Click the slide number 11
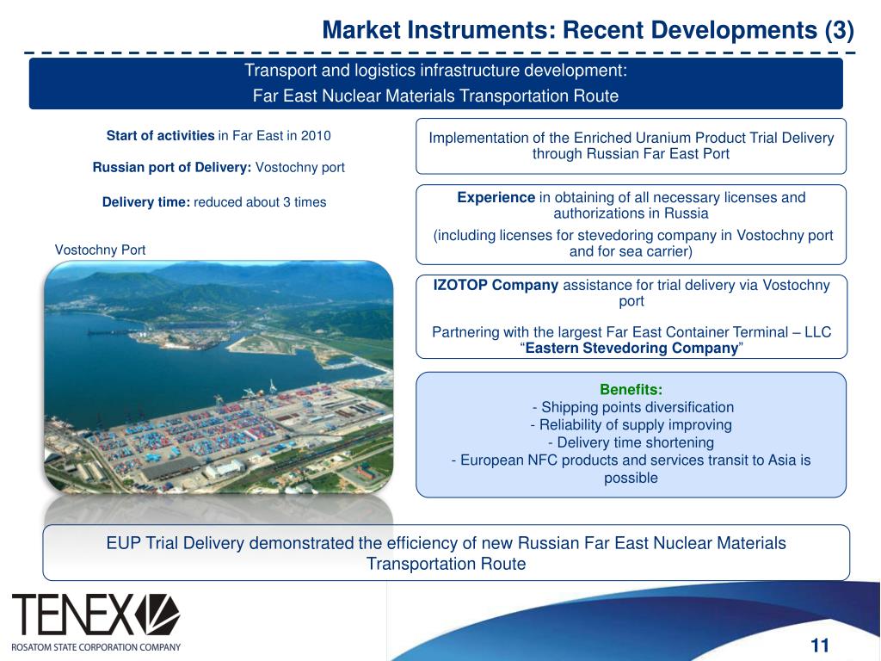(819, 646)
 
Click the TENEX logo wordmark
(72, 615)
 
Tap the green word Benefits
(631, 389)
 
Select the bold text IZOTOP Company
(496, 286)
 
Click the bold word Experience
(496, 197)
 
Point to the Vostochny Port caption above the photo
(100, 250)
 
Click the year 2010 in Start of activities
(315, 136)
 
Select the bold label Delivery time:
(146, 202)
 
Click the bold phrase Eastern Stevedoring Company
(632, 349)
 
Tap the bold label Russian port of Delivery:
(172, 167)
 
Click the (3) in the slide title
(839, 31)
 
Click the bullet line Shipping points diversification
(634, 407)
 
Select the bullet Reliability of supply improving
(631, 424)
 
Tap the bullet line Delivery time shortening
(631, 442)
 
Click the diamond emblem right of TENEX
(157, 614)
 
